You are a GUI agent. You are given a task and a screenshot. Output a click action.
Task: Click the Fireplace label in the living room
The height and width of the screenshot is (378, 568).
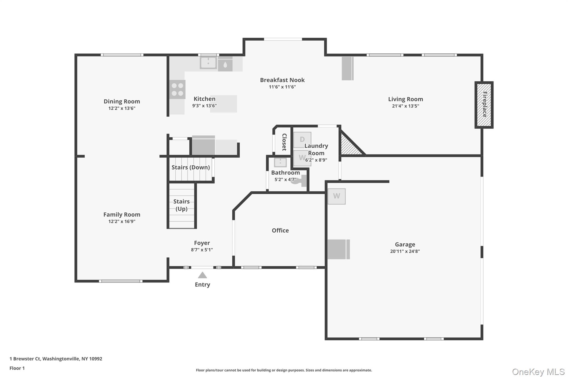[x=484, y=105]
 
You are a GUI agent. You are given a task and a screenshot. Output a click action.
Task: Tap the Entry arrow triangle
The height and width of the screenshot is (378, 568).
[x=202, y=275]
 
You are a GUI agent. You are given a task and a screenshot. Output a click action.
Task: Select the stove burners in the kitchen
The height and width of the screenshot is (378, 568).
[x=177, y=89]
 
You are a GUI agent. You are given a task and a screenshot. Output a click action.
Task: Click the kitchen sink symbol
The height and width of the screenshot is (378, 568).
[x=208, y=63]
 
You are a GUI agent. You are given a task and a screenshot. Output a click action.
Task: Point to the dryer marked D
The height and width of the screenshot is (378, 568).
[x=302, y=140]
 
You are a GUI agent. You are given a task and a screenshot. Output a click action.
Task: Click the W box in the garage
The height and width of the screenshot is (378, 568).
[x=336, y=196]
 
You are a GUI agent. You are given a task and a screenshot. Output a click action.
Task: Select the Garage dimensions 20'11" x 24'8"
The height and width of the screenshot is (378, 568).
[x=405, y=251]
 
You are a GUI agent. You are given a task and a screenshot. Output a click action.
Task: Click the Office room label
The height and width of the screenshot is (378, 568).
[x=280, y=230]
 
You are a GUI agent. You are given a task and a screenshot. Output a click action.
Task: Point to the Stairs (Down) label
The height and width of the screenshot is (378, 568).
[x=191, y=167]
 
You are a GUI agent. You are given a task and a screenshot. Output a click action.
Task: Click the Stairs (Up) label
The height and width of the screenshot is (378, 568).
[x=181, y=205]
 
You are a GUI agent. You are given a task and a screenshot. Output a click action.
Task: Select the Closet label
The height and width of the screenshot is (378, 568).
[x=284, y=142]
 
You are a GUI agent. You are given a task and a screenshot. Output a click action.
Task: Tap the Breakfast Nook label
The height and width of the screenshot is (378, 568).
[x=282, y=80]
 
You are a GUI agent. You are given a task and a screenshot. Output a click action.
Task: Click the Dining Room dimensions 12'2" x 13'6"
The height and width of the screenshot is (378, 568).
[x=122, y=108]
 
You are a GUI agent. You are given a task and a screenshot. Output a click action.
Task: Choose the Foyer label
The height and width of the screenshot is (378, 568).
[x=202, y=243]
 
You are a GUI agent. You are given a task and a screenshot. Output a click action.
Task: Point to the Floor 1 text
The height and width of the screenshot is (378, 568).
[x=17, y=368]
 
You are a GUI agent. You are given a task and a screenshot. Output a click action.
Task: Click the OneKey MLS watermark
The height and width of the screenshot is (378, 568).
[x=538, y=372]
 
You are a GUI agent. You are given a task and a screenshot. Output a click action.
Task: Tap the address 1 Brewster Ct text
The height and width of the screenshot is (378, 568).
[x=56, y=359]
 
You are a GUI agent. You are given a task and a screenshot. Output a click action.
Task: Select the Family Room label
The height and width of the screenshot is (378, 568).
[x=122, y=215]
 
